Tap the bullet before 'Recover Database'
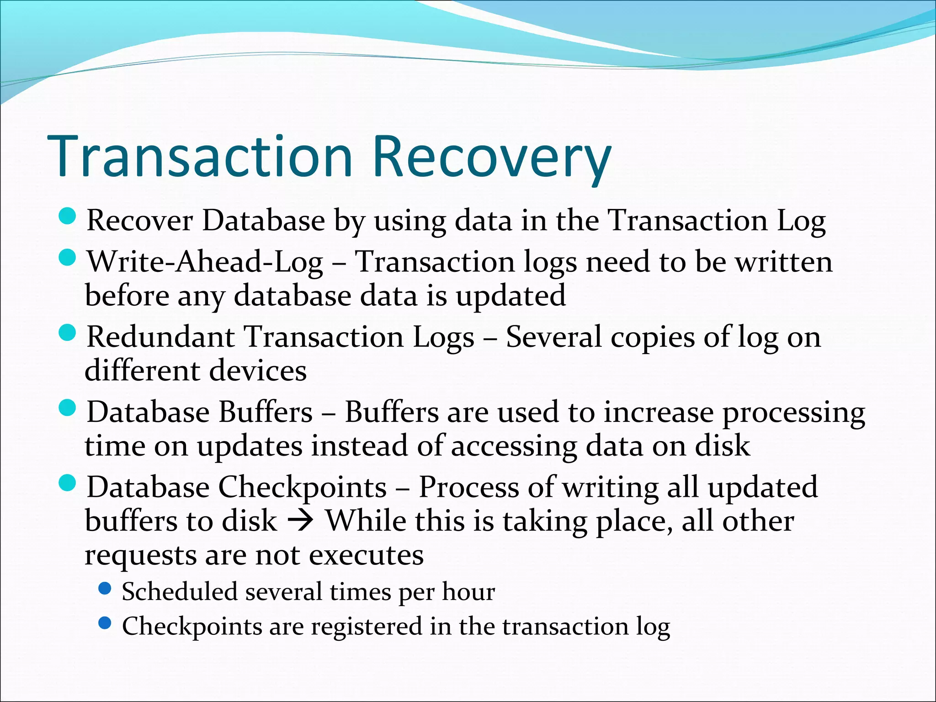pyautogui.click(x=67, y=216)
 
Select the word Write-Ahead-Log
pyautogui.click(x=205, y=263)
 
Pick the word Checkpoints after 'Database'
pyautogui.click(x=302, y=488)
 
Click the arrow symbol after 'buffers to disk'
pyautogui.click(x=301, y=521)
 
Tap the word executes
pyautogui.click(x=366, y=555)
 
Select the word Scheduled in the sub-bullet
pyautogui.click(x=179, y=592)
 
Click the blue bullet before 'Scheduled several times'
pyautogui.click(x=105, y=588)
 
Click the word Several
pyautogui.click(x=553, y=337)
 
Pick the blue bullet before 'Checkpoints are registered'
pyautogui.click(x=105, y=623)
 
